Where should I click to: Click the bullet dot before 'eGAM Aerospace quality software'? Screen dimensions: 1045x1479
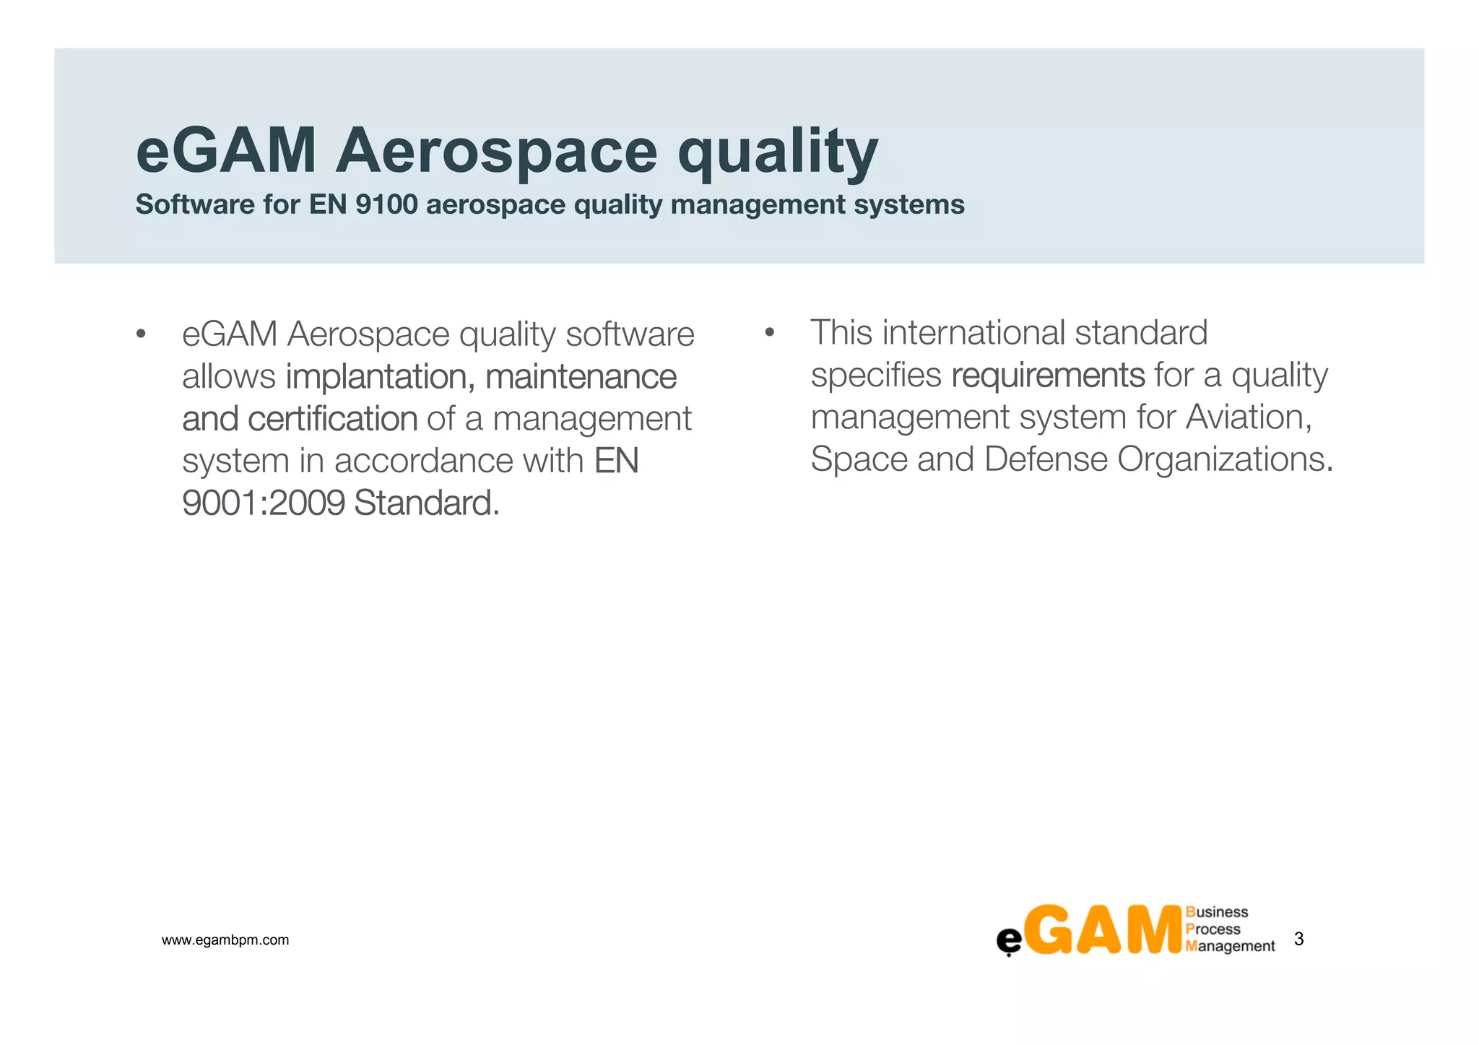tap(141, 334)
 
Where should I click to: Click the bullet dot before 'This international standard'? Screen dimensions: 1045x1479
tap(769, 333)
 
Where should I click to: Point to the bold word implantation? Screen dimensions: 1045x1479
tap(380, 377)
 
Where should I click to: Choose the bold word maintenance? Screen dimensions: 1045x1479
tap(581, 377)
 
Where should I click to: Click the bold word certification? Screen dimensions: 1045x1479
tap(332, 419)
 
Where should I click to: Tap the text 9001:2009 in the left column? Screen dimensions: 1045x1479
tap(264, 503)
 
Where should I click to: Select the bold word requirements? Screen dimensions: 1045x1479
tap(1048, 376)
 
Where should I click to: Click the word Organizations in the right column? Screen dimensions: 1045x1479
tap(1224, 459)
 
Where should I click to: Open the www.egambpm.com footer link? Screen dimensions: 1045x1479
tap(225, 940)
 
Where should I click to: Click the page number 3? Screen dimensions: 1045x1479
tap(1298, 939)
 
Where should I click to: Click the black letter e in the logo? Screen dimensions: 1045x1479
tap(1009, 940)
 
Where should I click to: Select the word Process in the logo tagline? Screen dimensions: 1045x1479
tap(1213, 929)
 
